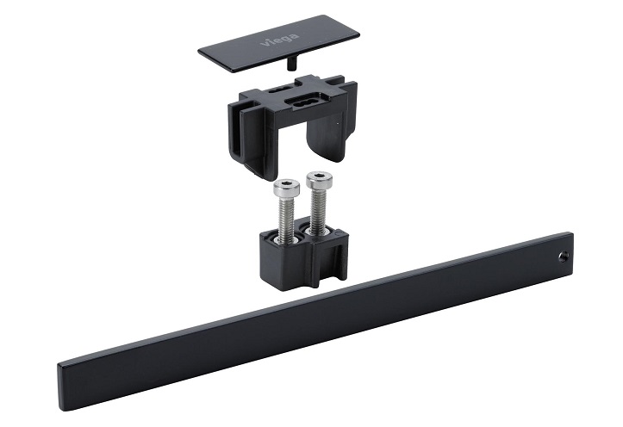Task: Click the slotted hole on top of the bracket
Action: pyautogui.click(x=306, y=100)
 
